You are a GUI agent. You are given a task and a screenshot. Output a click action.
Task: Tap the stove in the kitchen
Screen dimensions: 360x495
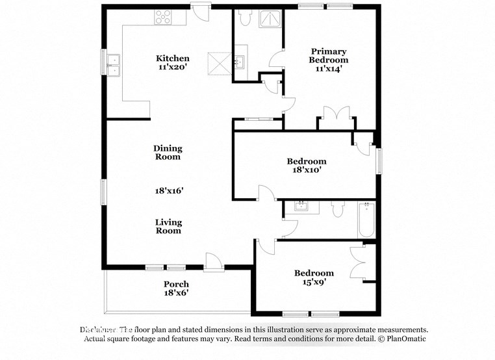pos(162,18)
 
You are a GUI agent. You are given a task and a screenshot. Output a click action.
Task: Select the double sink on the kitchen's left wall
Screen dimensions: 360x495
pos(114,63)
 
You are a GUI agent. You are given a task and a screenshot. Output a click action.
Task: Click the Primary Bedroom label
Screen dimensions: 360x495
pos(328,56)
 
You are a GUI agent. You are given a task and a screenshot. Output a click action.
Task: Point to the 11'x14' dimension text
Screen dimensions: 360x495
pos(328,68)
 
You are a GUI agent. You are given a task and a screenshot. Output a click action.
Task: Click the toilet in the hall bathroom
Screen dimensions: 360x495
pos(337,209)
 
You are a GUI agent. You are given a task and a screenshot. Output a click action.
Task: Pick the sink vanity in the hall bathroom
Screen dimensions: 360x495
pos(301,207)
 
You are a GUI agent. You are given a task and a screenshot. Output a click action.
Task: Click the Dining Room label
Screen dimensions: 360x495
pos(168,153)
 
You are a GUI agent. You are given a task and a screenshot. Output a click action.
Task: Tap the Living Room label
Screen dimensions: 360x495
pos(168,226)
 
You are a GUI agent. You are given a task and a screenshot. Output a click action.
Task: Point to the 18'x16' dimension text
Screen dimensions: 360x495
pos(169,191)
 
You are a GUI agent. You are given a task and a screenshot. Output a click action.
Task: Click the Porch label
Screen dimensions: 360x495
pos(176,284)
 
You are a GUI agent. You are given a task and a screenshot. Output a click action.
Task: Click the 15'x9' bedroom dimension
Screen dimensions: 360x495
pos(314,283)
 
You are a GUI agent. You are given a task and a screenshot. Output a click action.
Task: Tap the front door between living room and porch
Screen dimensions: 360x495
pos(212,263)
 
